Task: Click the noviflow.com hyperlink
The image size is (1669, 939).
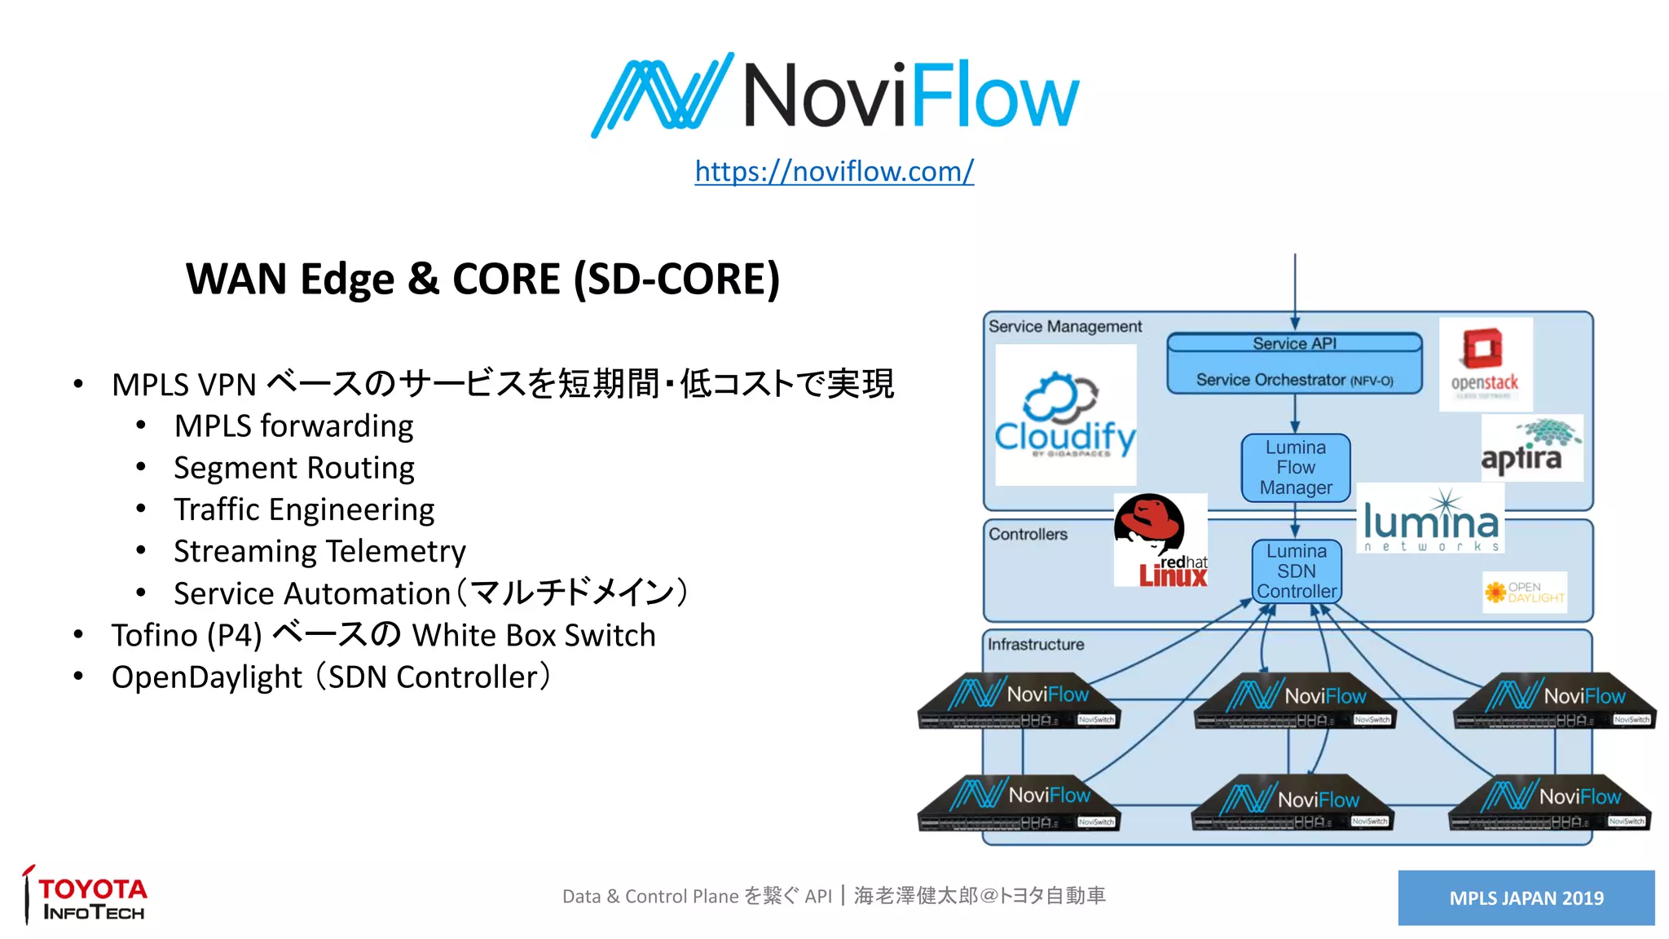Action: (x=834, y=171)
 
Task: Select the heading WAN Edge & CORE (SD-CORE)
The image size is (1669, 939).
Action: (x=482, y=279)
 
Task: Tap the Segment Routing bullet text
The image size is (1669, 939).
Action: (x=294, y=468)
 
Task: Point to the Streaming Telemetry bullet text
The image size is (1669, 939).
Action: (x=319, y=552)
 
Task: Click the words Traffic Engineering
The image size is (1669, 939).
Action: (x=304, y=509)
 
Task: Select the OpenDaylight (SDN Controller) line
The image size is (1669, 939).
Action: (x=331, y=677)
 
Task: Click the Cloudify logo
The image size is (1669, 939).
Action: (x=1065, y=416)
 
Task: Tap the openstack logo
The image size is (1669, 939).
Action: (x=1485, y=364)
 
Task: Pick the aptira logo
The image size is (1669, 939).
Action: (x=1530, y=448)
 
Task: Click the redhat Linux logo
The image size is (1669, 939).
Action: (x=1160, y=540)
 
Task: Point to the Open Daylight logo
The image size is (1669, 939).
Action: (x=1524, y=593)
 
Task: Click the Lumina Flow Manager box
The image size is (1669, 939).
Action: (x=1295, y=468)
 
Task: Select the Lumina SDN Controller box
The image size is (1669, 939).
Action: (x=1296, y=571)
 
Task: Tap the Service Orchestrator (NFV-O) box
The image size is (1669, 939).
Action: (x=1294, y=379)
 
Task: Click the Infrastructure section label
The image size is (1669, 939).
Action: (x=1036, y=645)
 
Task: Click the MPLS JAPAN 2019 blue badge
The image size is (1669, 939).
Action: (x=1526, y=897)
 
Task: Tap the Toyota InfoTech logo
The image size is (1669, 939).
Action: (x=86, y=897)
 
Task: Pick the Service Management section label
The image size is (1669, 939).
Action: (x=1064, y=327)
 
